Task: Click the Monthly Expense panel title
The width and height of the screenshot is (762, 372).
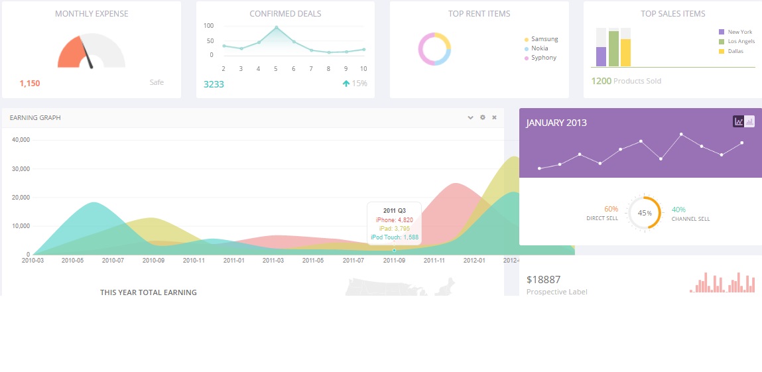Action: pyautogui.click(x=92, y=14)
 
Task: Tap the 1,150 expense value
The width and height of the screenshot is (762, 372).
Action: pyautogui.click(x=30, y=84)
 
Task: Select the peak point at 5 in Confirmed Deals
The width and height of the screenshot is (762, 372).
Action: pyautogui.click(x=276, y=28)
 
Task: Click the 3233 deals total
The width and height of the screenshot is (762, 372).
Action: pyautogui.click(x=214, y=84)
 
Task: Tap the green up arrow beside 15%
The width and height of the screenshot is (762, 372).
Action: pyautogui.click(x=346, y=84)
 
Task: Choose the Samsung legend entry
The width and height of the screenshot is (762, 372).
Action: pyautogui.click(x=544, y=39)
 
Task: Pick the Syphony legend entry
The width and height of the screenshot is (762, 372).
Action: pyautogui.click(x=543, y=58)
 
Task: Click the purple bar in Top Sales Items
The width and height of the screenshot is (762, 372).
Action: pyautogui.click(x=601, y=56)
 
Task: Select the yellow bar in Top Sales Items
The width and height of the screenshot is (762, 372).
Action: pyautogui.click(x=625, y=52)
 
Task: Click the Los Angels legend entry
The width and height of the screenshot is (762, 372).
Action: pyautogui.click(x=740, y=41)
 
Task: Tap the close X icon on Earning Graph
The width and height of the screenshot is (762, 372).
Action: pyautogui.click(x=494, y=117)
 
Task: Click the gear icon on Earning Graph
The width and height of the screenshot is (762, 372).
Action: pyautogui.click(x=483, y=117)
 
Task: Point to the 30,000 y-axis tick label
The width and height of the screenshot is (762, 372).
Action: pyautogui.click(x=21, y=168)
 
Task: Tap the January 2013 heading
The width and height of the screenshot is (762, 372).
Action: pyautogui.click(x=556, y=123)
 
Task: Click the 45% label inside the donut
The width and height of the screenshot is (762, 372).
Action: pyautogui.click(x=645, y=214)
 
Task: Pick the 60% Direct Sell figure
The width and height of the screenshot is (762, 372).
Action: pyautogui.click(x=611, y=209)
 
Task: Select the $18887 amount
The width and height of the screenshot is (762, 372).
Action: pyautogui.click(x=543, y=280)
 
